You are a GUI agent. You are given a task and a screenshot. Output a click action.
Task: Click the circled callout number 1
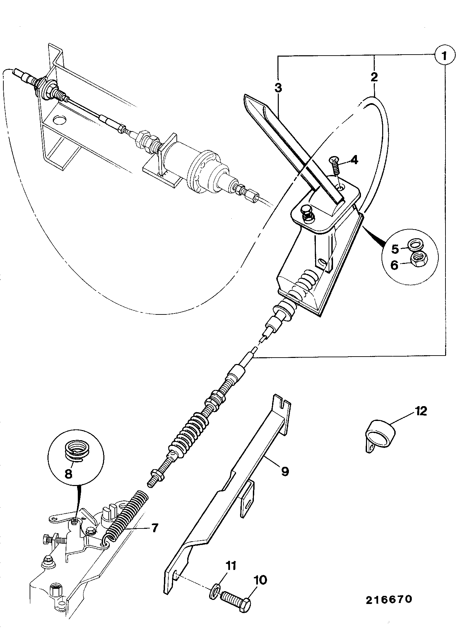[444, 55]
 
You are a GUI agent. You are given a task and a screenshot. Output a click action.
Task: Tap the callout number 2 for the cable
[374, 77]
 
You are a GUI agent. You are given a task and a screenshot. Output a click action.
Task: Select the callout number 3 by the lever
[278, 88]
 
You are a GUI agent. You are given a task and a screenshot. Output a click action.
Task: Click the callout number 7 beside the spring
[154, 527]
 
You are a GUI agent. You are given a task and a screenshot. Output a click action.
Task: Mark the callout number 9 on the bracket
[285, 471]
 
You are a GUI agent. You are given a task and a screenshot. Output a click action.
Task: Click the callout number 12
[421, 411]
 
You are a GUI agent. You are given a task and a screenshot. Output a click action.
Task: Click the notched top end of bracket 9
[281, 401]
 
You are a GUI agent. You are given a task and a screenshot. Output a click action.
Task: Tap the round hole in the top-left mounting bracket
[59, 120]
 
